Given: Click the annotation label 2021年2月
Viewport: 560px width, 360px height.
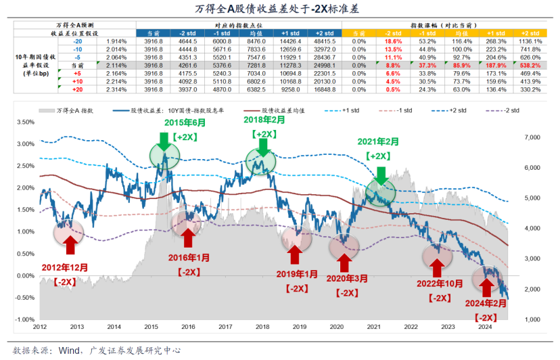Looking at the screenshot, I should (x=379, y=143).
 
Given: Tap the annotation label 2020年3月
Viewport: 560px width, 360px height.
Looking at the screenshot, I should (x=346, y=279).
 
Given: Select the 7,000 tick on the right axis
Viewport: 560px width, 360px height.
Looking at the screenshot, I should (x=533, y=137).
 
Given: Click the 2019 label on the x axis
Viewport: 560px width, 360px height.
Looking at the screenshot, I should (x=299, y=326).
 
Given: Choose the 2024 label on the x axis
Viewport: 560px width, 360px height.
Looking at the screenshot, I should (x=484, y=326).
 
